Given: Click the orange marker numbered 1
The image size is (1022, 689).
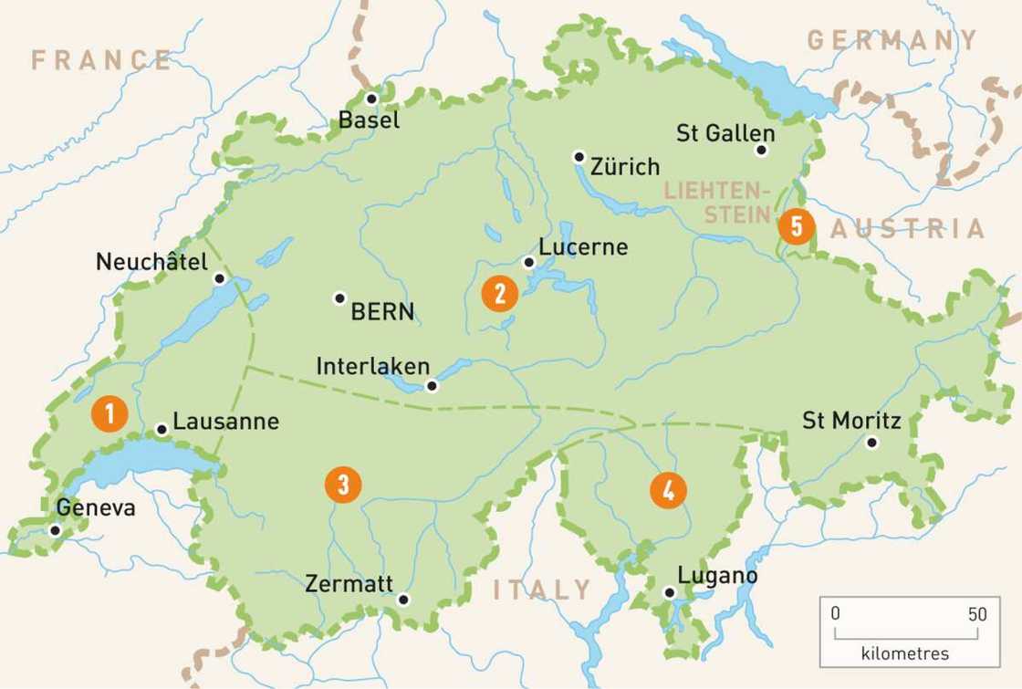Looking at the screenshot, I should [x=109, y=414].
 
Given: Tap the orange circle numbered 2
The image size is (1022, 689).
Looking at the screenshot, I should [x=499, y=293].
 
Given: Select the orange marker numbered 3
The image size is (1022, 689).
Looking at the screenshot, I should [x=343, y=484].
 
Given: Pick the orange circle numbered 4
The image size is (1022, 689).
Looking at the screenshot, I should [x=668, y=490].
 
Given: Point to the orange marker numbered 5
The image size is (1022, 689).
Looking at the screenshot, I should [x=797, y=225].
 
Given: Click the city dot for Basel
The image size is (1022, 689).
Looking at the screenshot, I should [x=371, y=99].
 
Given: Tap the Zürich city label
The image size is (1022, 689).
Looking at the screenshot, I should [x=625, y=167].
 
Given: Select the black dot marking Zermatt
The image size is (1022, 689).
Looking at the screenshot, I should [x=403, y=600].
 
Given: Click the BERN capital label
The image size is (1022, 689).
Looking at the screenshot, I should [x=382, y=311].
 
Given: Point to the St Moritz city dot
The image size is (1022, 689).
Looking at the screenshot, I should [x=871, y=443].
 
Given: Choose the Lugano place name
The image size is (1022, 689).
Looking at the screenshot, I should [x=717, y=576].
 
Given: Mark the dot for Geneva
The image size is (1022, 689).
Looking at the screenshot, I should [x=55, y=529].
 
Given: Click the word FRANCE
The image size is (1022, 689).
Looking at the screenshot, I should [x=101, y=60].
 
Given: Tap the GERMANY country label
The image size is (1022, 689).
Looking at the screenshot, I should [x=892, y=40].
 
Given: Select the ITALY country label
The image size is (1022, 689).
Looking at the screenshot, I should [x=542, y=590].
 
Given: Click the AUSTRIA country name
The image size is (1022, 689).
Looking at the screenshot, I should [x=908, y=228].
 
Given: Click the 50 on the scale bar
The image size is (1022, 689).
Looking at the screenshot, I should [x=977, y=614].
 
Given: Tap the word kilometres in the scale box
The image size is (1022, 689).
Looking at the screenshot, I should [x=904, y=653].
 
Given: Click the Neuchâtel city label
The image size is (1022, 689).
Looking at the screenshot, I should [x=151, y=262].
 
